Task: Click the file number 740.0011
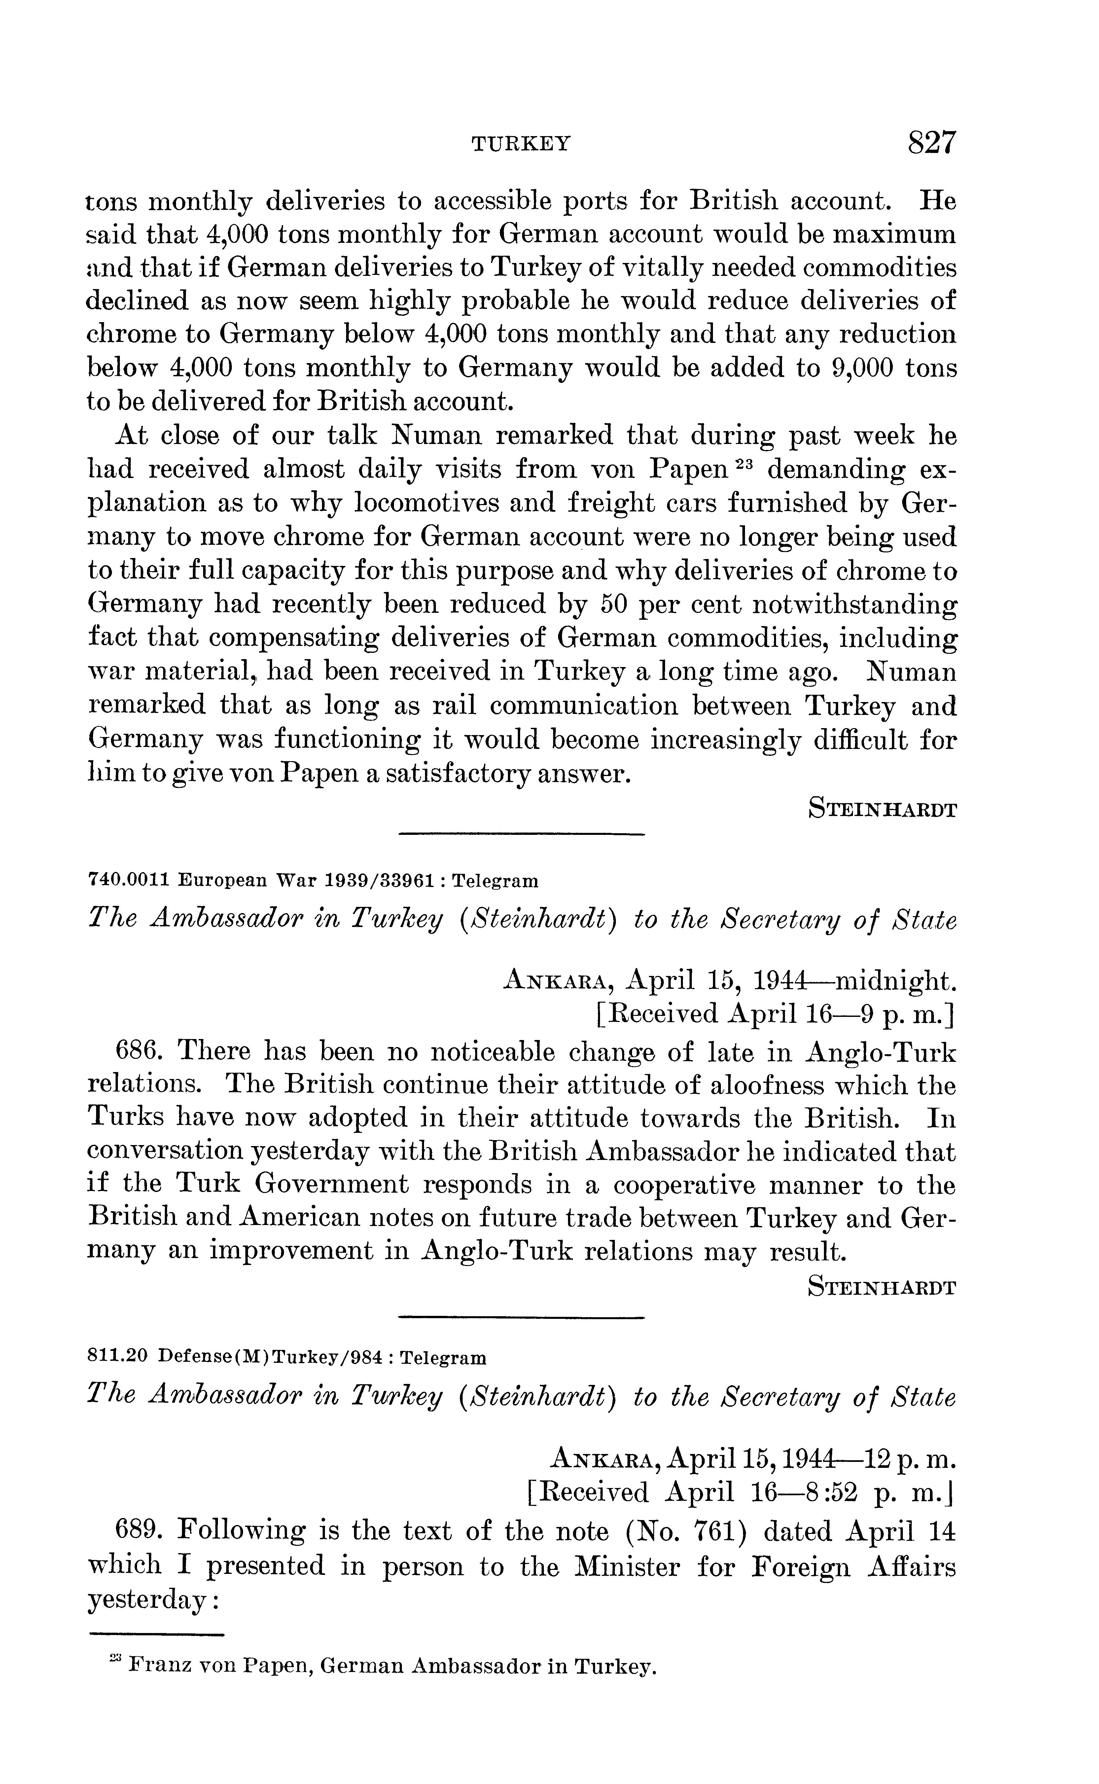pos(128,881)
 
